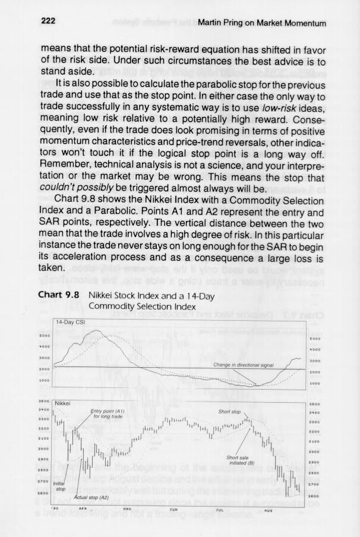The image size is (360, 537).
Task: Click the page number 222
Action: click(48, 21)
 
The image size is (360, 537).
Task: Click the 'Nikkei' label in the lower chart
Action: click(63, 403)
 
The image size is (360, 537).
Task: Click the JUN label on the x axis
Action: click(173, 510)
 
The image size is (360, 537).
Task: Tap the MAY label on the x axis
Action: click(127, 510)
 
